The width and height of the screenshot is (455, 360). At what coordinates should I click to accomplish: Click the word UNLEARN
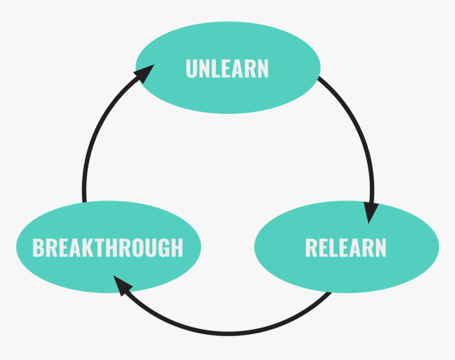(x=227, y=69)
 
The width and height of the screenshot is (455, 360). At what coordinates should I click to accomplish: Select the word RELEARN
(x=345, y=248)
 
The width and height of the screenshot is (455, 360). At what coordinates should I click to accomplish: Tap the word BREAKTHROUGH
(x=108, y=248)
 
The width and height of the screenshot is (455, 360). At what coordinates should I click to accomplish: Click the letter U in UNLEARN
(x=192, y=69)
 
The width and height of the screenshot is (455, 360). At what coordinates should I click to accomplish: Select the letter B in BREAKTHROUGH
(x=39, y=248)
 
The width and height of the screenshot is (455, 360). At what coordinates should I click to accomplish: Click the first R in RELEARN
(x=312, y=248)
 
